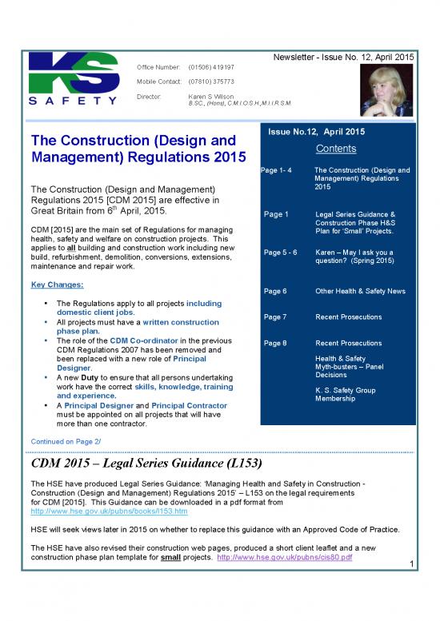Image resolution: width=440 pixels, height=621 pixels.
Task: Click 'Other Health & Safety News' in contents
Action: (360, 292)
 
